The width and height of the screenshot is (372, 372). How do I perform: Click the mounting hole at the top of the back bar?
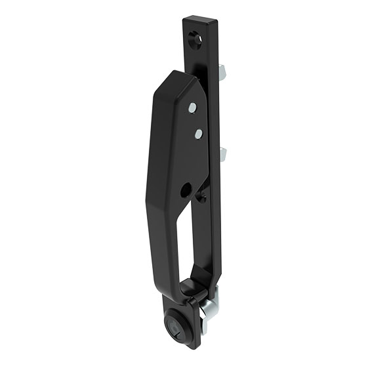tap(196, 39)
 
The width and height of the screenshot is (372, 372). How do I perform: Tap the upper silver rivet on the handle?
tap(192, 108)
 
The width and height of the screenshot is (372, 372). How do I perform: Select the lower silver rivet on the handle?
tap(197, 134)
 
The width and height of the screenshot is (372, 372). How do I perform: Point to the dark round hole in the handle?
tap(186, 190)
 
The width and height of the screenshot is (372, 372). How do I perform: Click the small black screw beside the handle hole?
tap(201, 195)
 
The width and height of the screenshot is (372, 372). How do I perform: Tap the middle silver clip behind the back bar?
tap(222, 155)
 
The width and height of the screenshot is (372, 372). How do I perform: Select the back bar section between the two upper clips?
tap(215, 112)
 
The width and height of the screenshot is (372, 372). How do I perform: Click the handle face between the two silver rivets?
tap(194, 121)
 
